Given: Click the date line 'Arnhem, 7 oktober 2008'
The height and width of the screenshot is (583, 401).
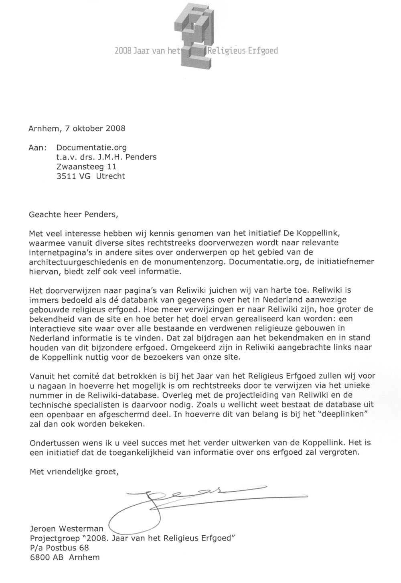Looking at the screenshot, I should pos(77,129).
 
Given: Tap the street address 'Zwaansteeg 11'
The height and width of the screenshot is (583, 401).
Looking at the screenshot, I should pos(87,166).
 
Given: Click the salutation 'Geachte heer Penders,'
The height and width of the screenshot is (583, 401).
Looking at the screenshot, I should pos(74,214).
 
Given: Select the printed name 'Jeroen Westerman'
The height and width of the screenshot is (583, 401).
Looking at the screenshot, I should pos(67,529).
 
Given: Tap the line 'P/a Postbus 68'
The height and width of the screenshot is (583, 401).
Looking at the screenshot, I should pos(59,548).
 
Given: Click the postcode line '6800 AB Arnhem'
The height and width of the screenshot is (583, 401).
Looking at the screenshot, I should pos(65,557).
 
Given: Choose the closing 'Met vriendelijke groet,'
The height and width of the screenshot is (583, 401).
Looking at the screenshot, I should pos(74,472).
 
